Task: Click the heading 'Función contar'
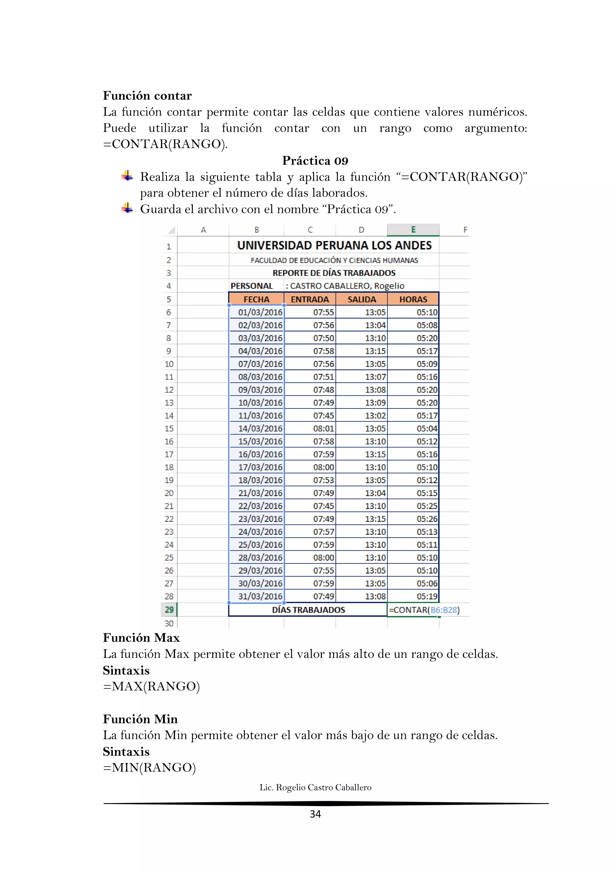tap(147, 96)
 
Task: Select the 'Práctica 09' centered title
tap(315, 161)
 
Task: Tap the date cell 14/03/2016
tap(260, 429)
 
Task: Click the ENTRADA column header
tap(310, 299)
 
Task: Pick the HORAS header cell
tap(413, 299)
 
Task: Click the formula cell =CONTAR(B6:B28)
tap(424, 610)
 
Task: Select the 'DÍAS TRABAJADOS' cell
tap(308, 610)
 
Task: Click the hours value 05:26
tap(427, 519)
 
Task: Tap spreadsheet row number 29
tap(169, 610)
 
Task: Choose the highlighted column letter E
tap(413, 230)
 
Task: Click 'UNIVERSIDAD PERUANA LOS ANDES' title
tap(334, 245)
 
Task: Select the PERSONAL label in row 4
tap(251, 286)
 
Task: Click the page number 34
tap(315, 814)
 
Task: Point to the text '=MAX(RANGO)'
tap(151, 687)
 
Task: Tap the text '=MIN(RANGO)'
tap(149, 768)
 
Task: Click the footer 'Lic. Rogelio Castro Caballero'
tap(315, 788)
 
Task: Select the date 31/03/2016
tap(260, 596)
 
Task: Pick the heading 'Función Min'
tap(140, 719)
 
